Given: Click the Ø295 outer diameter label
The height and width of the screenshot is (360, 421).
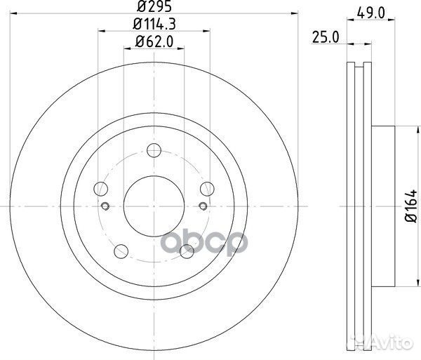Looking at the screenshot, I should pyautogui.click(x=154, y=8).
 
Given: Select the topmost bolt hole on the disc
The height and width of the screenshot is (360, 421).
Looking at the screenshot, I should pyautogui.click(x=154, y=150).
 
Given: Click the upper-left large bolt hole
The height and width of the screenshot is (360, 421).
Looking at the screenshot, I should pyautogui.click(x=102, y=188).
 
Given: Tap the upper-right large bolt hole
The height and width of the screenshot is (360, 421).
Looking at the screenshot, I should pyautogui.click(x=206, y=188).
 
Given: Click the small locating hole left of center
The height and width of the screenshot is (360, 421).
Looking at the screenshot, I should pyautogui.click(x=105, y=206).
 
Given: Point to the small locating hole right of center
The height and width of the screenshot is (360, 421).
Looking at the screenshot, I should pyautogui.click(x=203, y=206).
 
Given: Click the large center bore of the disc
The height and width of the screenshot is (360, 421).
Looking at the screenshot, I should pyautogui.click(x=154, y=206).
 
